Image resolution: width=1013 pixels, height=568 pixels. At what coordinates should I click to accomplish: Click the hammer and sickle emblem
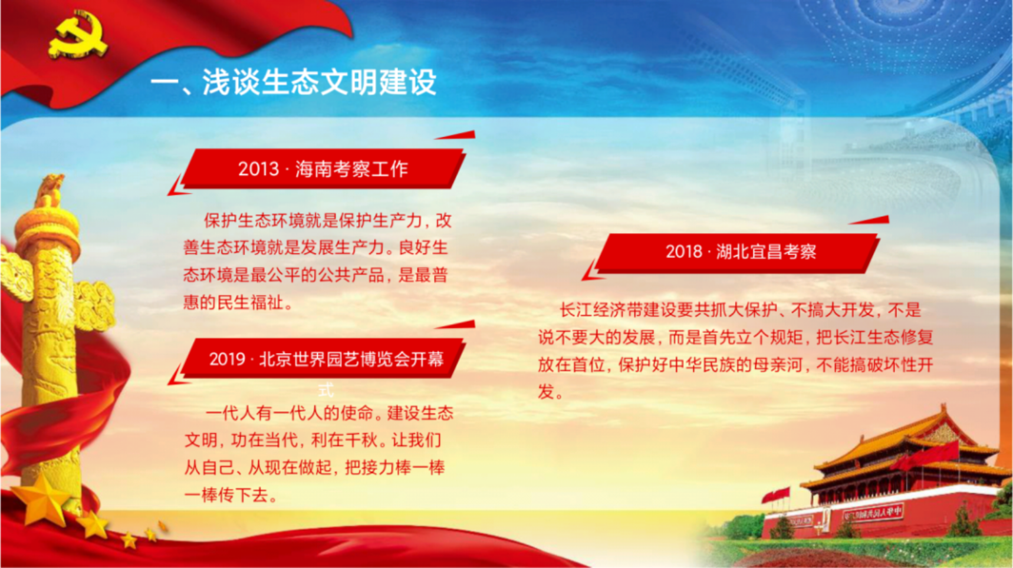[x=78, y=35]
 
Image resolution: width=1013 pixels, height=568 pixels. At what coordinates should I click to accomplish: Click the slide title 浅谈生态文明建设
[x=319, y=82]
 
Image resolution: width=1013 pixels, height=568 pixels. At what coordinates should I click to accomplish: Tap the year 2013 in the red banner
[x=258, y=169]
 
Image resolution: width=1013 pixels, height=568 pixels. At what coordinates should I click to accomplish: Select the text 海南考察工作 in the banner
[x=351, y=169]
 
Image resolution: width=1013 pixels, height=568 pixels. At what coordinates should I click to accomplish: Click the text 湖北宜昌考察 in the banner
[x=767, y=252]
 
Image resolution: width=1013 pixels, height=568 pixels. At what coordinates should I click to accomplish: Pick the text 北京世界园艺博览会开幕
[x=351, y=359]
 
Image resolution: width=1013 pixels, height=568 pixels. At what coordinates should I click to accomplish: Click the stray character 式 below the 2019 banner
[x=326, y=389]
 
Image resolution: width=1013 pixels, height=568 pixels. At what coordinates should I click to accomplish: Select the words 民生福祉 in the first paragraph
[x=251, y=302]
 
